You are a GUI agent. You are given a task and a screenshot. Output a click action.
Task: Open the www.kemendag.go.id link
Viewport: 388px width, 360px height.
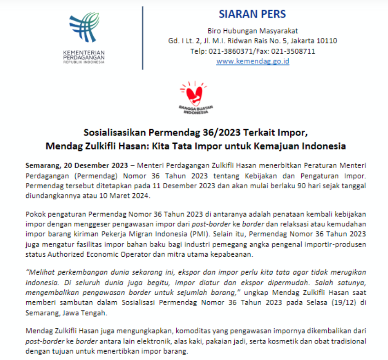[x=253, y=61]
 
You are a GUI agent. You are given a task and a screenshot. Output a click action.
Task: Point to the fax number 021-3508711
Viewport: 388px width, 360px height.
[x=294, y=51]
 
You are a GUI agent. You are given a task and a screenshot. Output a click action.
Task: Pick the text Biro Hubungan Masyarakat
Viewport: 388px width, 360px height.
[x=253, y=31]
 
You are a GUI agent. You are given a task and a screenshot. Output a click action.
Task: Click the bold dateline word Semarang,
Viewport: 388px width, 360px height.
[x=42, y=165]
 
